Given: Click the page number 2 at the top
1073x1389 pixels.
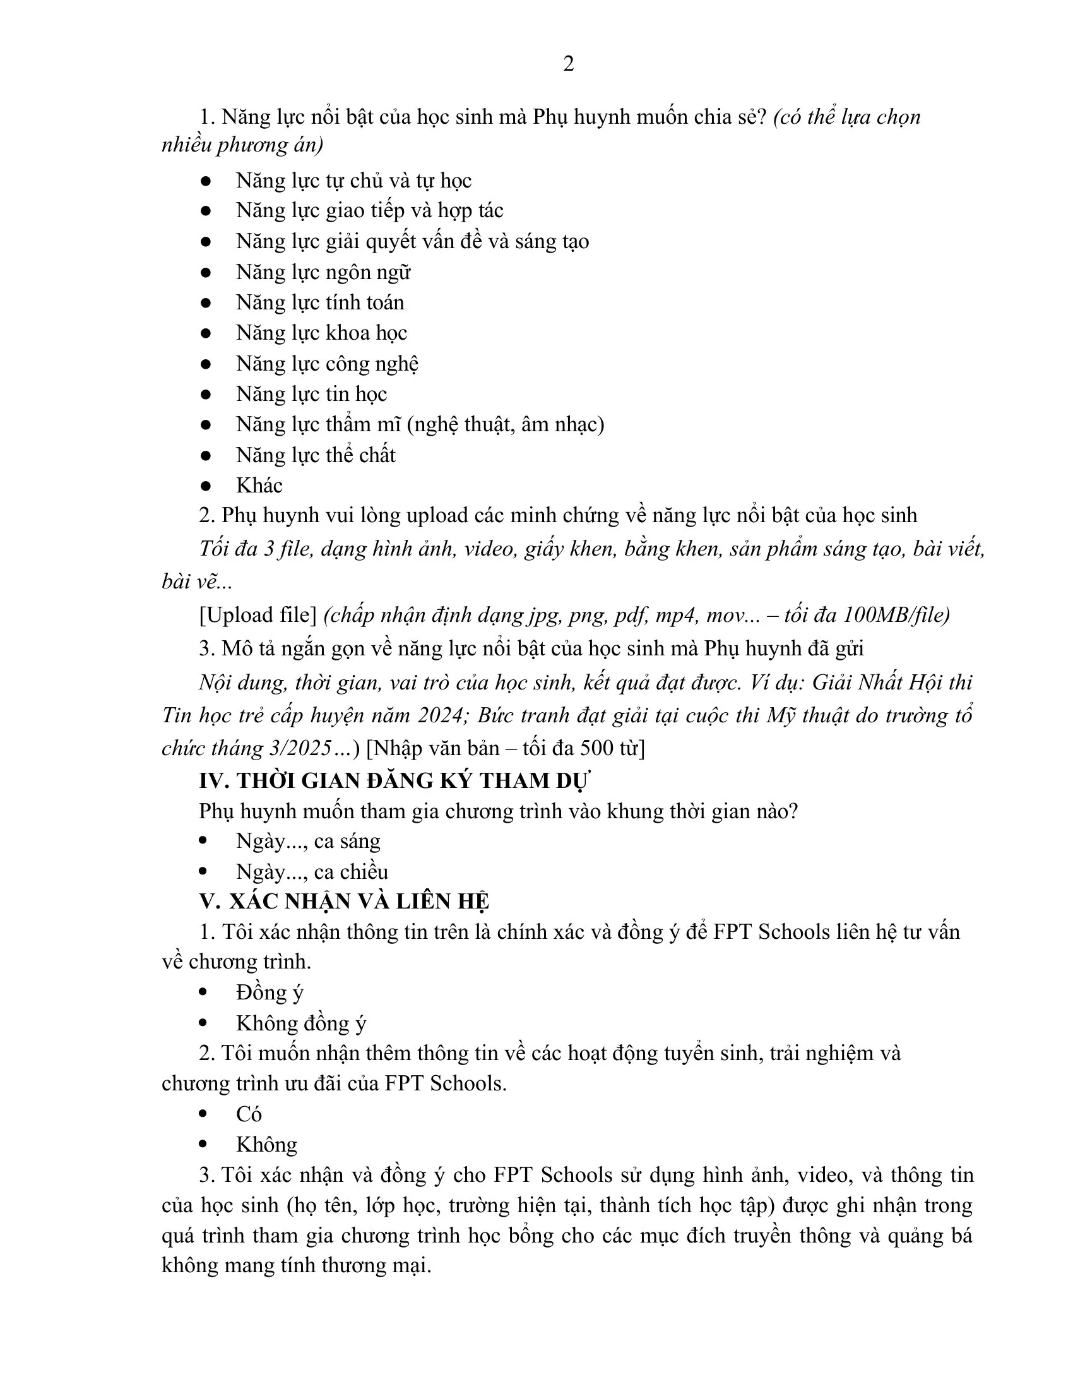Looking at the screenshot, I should coord(568,64).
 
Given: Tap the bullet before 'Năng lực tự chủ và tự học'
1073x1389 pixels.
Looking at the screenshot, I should coord(205,181).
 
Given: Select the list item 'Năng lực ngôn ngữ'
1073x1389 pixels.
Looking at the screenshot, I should coord(323,272).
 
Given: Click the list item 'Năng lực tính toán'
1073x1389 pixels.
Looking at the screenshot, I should coord(320,302).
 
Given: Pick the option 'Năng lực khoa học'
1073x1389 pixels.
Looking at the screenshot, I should coord(321,333).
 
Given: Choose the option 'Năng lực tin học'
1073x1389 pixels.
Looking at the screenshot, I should coord(311,395).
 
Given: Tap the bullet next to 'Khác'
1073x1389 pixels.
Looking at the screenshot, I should coord(205,486).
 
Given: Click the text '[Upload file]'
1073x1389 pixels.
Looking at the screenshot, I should coord(258,615).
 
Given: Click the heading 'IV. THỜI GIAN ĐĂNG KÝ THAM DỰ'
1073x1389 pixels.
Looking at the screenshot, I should coord(394,780).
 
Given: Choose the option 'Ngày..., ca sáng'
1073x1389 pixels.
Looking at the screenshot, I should coord(307,842).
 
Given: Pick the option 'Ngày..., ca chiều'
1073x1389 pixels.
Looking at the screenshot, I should coord(311,872).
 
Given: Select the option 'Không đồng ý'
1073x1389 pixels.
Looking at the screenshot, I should coord(300,1023).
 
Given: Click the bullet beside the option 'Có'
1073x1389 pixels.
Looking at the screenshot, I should coord(203,1114).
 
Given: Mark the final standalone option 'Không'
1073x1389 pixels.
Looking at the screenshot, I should coord(266,1145).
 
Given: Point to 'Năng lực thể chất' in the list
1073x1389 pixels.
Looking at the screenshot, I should coord(316,455).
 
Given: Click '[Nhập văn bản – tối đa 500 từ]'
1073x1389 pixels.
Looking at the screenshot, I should coord(506,749).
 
